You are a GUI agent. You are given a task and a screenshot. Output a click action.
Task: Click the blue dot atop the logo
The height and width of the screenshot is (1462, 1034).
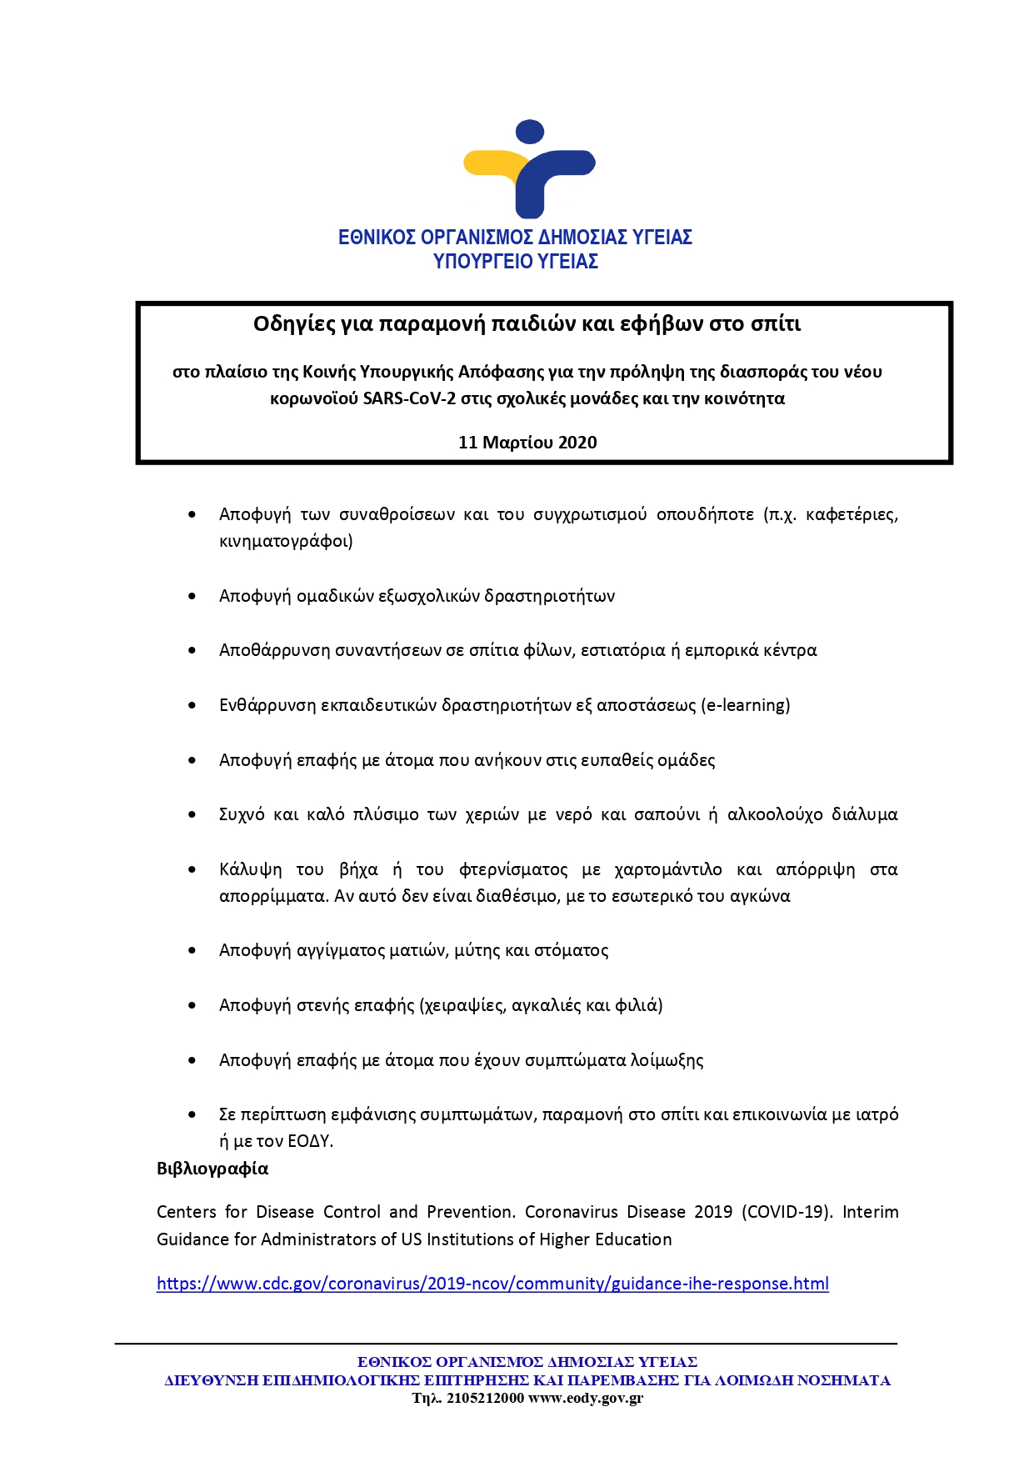click(x=530, y=132)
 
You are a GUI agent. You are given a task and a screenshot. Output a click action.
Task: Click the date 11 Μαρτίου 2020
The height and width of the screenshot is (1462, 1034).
click(x=527, y=443)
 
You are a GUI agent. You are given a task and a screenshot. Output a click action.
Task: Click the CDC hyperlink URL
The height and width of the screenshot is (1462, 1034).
click(x=492, y=1284)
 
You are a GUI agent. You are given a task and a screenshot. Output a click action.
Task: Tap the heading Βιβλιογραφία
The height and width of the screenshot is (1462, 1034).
click(x=212, y=1169)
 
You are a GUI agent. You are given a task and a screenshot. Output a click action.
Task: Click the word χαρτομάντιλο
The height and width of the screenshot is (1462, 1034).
click(x=668, y=869)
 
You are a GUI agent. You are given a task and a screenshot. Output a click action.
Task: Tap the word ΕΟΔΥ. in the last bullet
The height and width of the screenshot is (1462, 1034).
click(x=310, y=1141)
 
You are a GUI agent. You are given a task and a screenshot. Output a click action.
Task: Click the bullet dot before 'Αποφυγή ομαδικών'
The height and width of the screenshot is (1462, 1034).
click(x=192, y=596)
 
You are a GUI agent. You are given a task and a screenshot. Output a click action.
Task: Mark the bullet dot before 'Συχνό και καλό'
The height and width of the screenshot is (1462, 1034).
click(x=192, y=814)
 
